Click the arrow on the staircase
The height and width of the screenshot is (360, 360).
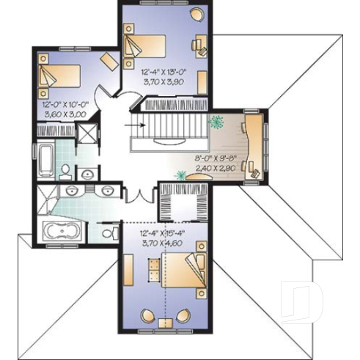click(x=133, y=125)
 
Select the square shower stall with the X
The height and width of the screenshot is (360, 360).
click(x=88, y=135)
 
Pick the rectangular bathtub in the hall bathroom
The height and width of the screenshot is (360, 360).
click(x=46, y=162)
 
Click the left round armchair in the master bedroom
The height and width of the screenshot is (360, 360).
click(x=147, y=317)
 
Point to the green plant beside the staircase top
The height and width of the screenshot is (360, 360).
click(x=217, y=122)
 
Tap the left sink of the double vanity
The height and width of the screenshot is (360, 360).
click(x=73, y=191)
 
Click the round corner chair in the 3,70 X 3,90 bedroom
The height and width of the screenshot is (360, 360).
click(x=197, y=14)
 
